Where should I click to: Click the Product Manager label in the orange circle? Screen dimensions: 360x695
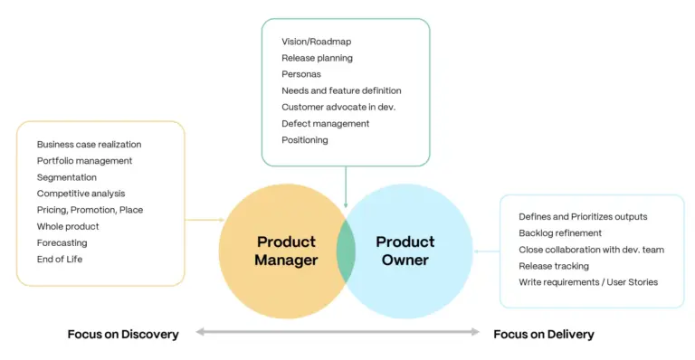tap(286, 251)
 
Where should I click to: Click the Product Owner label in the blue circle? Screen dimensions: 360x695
tap(405, 251)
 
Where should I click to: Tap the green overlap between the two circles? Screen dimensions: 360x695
tap(346, 251)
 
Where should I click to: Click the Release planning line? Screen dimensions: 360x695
tap(317, 58)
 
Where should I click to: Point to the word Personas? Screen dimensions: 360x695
tap(301, 74)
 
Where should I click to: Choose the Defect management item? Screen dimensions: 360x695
tap(325, 123)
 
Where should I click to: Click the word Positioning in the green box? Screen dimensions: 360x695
tap(305, 140)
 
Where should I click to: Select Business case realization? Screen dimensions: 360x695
tap(89, 144)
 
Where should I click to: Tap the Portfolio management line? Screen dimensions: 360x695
tap(84, 160)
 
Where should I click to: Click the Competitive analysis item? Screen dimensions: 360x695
tap(81, 194)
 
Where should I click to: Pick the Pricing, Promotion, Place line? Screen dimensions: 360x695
tap(90, 210)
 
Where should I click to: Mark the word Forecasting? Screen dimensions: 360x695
tap(62, 242)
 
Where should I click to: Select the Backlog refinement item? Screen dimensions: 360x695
tap(560, 233)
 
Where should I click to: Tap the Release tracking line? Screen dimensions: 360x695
tap(553, 266)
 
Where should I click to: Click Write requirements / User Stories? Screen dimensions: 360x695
tap(588, 282)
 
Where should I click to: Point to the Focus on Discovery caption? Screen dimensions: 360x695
tap(123, 334)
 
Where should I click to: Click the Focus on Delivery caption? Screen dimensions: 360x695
tap(543, 334)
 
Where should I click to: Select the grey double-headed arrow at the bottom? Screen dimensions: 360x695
tap(338, 333)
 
